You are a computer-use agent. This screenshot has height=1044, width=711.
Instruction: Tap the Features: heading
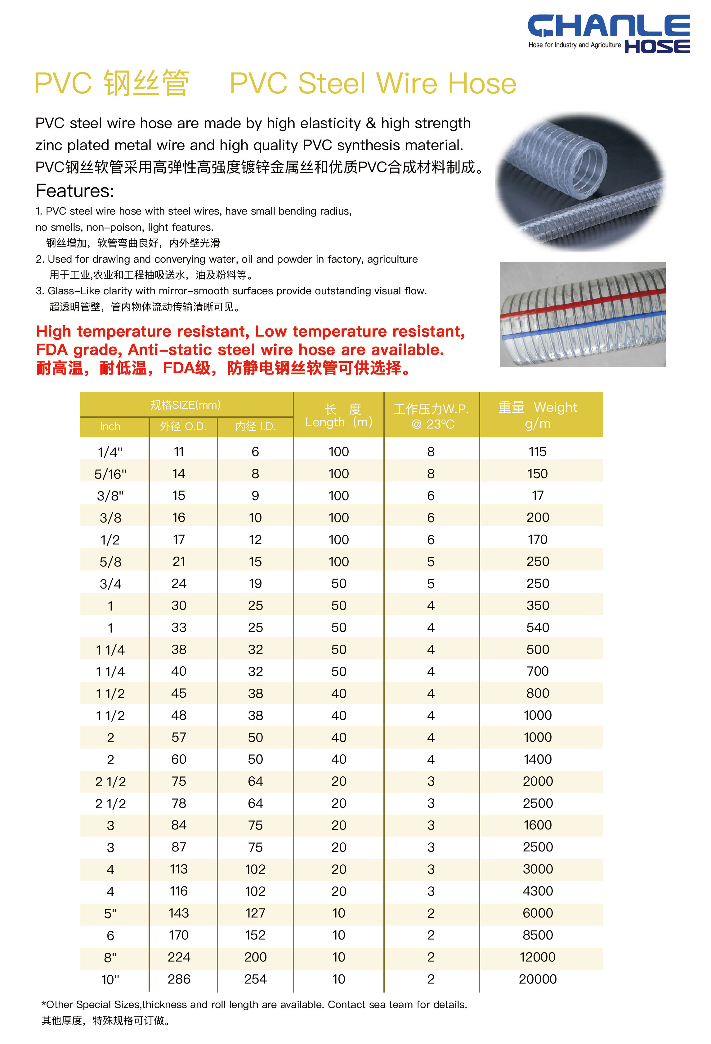click(x=75, y=191)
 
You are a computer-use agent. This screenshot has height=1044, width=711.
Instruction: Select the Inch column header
click(x=110, y=426)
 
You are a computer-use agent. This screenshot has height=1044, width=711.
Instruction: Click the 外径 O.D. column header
click(x=183, y=426)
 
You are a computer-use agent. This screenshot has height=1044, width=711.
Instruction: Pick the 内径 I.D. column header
click(x=255, y=426)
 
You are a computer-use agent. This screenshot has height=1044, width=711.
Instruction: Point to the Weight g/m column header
click(x=538, y=415)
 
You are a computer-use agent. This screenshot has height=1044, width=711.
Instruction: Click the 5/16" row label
click(x=110, y=474)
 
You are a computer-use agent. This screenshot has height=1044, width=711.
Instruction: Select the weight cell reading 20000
click(x=538, y=979)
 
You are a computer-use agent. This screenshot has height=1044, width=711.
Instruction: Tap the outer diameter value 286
click(x=179, y=979)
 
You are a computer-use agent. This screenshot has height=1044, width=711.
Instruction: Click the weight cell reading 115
click(x=538, y=451)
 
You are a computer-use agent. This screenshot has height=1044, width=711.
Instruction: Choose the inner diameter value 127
click(x=255, y=913)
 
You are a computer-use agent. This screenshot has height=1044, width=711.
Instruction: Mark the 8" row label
click(x=110, y=957)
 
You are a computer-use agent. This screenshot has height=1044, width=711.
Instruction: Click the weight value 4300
click(x=538, y=891)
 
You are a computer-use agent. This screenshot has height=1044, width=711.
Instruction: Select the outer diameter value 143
click(x=179, y=913)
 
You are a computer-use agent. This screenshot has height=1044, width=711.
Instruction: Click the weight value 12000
click(x=538, y=957)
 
